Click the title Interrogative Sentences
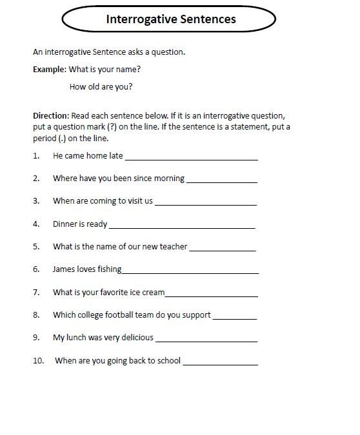click(171, 19)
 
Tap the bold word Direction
click(51, 115)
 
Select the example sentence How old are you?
click(110, 87)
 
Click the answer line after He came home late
click(191, 158)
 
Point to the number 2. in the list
click(37, 178)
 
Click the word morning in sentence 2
click(169, 178)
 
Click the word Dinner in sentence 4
click(66, 224)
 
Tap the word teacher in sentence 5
click(173, 246)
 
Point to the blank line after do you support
click(234, 318)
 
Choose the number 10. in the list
click(38, 360)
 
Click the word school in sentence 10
click(167, 360)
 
